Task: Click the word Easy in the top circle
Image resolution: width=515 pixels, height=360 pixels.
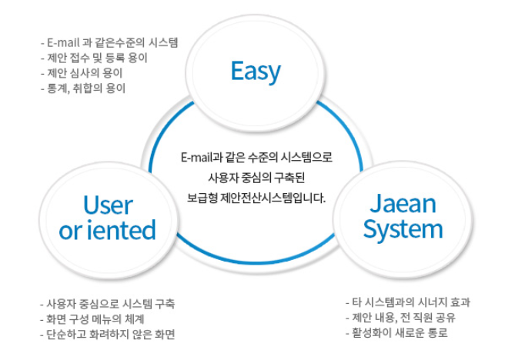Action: click(256, 72)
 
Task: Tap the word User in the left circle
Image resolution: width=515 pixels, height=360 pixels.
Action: click(107, 205)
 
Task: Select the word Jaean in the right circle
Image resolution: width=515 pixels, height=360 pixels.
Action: click(403, 204)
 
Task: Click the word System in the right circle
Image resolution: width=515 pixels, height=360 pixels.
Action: click(403, 229)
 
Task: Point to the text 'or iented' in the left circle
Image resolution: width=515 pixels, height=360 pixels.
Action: click(107, 230)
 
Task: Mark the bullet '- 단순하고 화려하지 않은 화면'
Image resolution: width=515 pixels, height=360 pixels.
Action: click(108, 334)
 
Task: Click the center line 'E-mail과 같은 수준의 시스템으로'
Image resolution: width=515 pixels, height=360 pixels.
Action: click(256, 158)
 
